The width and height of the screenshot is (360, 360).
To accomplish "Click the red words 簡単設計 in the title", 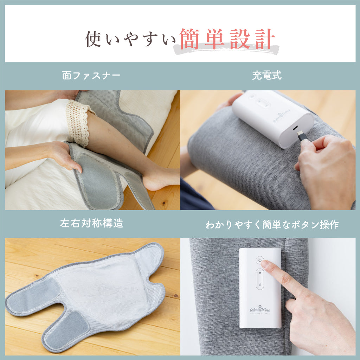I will (x=227, y=39).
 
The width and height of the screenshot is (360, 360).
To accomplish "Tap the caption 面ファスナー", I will (x=91, y=76).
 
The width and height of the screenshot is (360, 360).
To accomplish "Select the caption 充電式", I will (x=267, y=76).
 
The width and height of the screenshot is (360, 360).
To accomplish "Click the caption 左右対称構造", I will (x=92, y=224).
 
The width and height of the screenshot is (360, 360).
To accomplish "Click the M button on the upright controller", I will (x=260, y=273).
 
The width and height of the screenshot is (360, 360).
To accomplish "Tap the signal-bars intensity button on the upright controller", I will (x=260, y=284).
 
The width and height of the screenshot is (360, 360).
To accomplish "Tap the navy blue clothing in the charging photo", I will (x=193, y=195).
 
